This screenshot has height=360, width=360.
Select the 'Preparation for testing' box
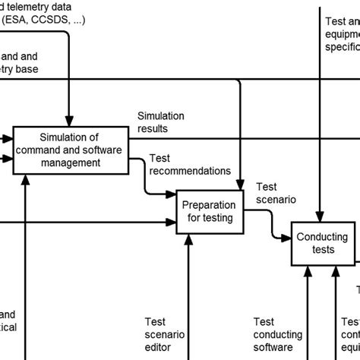207,211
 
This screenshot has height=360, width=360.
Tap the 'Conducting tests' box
322,244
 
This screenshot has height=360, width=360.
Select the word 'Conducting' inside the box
322,237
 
